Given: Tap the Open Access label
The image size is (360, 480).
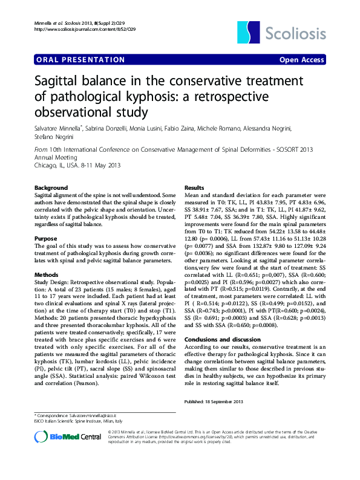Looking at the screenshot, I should click(301, 59).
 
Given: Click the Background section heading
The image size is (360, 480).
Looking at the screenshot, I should click(51, 188).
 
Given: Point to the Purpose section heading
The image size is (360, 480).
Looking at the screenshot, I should click(46, 239).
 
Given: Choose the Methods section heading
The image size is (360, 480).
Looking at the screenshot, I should click(47, 274).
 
